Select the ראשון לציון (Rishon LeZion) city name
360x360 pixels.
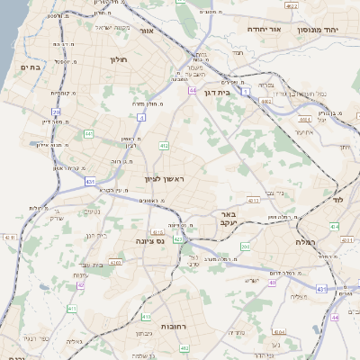point(164,180)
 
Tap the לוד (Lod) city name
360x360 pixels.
point(337,197)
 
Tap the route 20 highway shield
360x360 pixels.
point(56,112)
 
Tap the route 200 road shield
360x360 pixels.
point(246,245)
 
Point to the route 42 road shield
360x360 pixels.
point(80,284)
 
